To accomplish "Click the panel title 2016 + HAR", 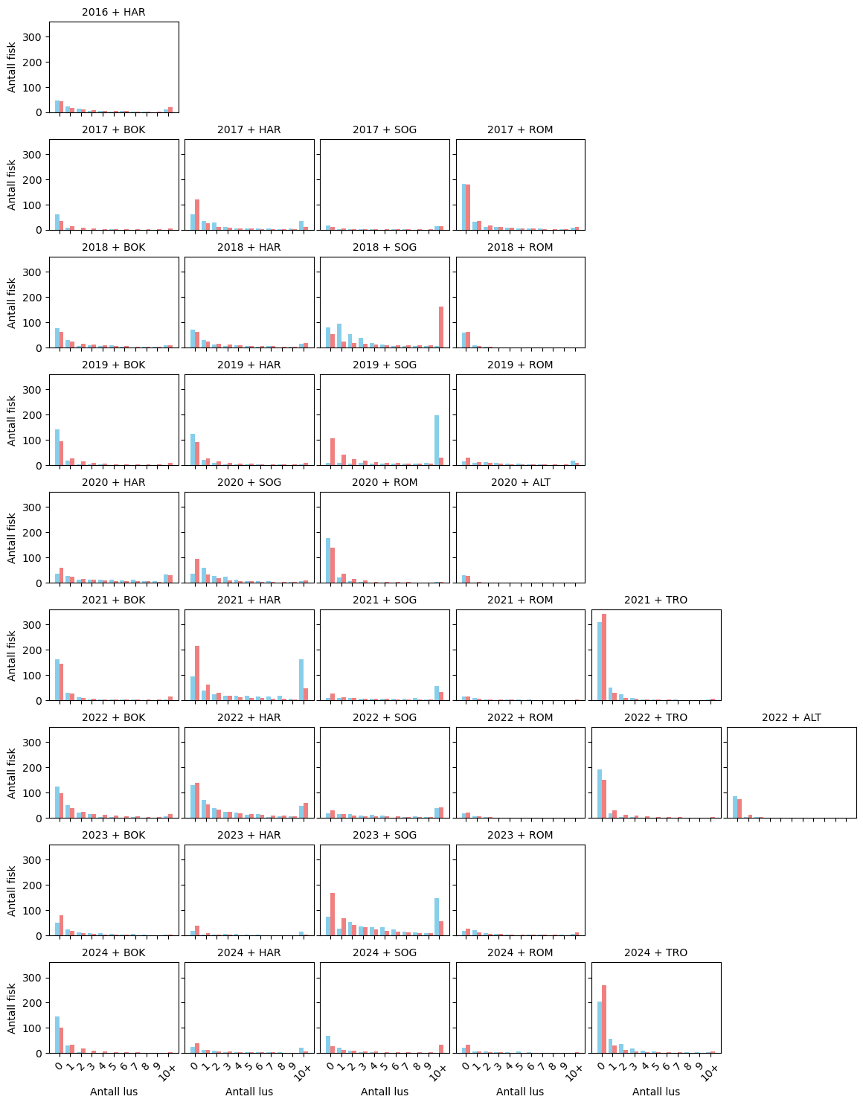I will click(113, 13).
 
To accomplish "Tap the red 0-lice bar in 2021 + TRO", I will click(604, 657).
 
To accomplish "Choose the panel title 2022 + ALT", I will click(791, 718).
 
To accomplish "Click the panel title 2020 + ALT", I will click(520, 483).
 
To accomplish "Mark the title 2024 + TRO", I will click(655, 953).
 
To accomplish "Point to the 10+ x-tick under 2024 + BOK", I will click(167, 1072).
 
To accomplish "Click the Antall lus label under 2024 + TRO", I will click(655, 1092).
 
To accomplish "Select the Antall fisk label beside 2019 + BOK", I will click(12, 420).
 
